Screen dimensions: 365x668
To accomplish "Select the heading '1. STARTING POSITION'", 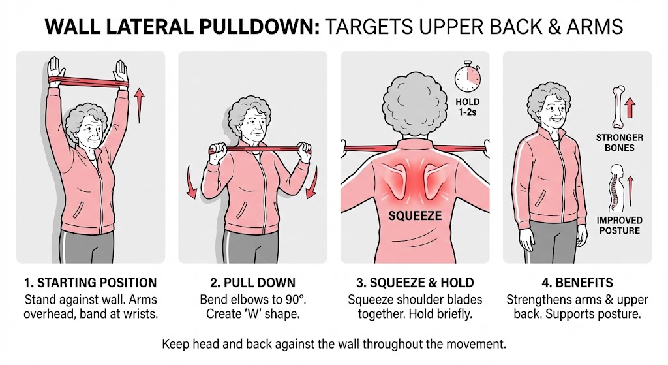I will tap(90, 283).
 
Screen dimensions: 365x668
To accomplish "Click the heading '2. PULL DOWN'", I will tap(252, 283).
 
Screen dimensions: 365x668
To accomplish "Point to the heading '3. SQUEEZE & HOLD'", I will tap(414, 283).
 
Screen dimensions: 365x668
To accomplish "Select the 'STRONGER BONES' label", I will tap(619, 142).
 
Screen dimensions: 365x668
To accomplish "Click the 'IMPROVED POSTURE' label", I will tap(619, 225).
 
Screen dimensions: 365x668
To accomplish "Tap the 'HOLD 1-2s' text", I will tap(467, 107).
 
